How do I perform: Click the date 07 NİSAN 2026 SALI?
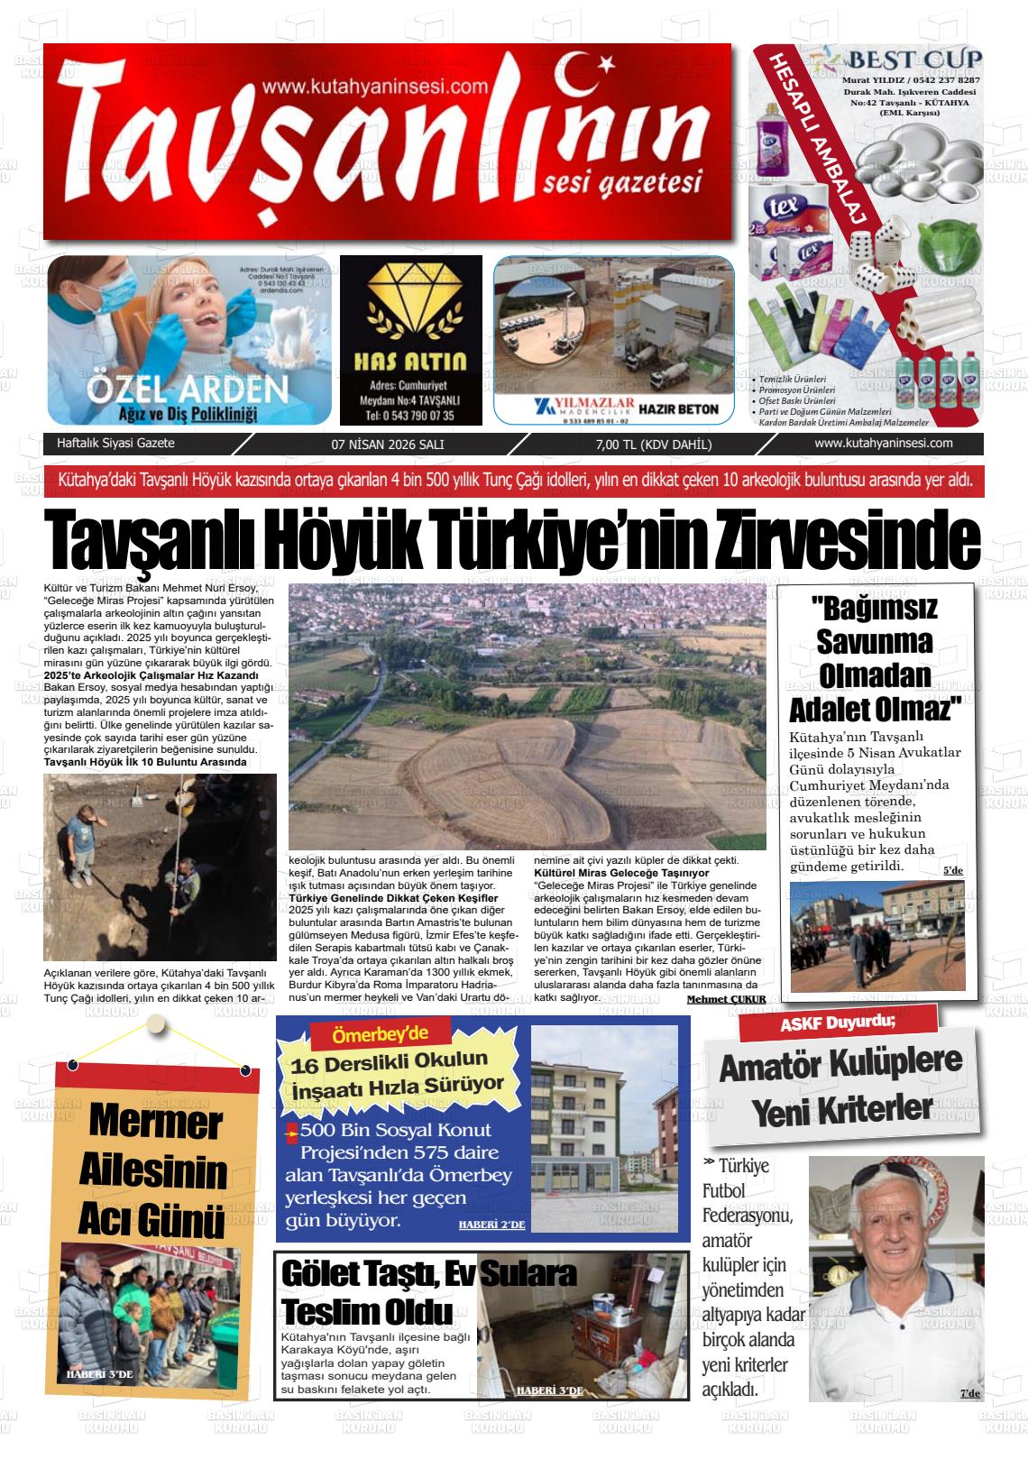click(x=388, y=445)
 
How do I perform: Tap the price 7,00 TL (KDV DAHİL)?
click(x=654, y=445)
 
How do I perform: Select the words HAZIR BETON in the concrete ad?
click(x=678, y=408)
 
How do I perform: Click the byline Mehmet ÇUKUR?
click(x=726, y=999)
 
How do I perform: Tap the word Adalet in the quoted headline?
click(x=835, y=709)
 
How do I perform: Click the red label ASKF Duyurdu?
click(x=838, y=1021)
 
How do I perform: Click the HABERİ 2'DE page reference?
click(x=491, y=1224)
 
